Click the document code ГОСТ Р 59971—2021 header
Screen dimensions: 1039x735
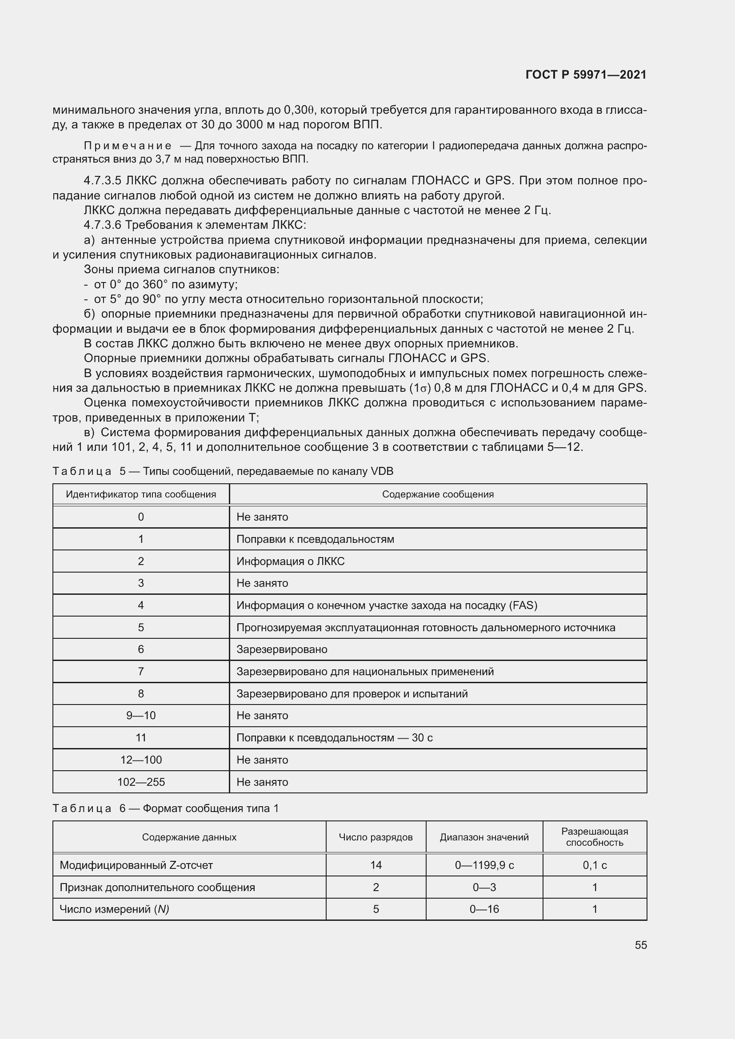pos(586,75)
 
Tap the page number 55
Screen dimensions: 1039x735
pos(640,945)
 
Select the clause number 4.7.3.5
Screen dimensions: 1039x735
pos(102,180)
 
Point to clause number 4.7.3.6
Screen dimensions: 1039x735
pos(102,225)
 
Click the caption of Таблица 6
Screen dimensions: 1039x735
pos(166,808)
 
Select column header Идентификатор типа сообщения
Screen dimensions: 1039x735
pos(141,494)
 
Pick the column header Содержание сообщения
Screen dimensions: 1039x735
pos(438,494)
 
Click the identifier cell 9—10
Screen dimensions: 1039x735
pos(141,716)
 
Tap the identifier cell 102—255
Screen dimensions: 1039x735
pos(141,782)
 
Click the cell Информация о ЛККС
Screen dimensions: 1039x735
pos(290,561)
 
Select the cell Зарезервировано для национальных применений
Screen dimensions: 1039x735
pos(365,672)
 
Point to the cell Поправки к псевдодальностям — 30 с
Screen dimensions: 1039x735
pos(334,738)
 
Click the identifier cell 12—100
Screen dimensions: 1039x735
pos(141,760)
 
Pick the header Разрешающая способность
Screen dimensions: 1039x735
pos(594,837)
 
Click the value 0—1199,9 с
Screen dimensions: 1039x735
pos(484,865)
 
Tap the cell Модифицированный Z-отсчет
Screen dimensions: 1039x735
pos(136,865)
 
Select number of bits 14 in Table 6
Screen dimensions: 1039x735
pos(375,865)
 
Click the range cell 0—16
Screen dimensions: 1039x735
pos(484,909)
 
